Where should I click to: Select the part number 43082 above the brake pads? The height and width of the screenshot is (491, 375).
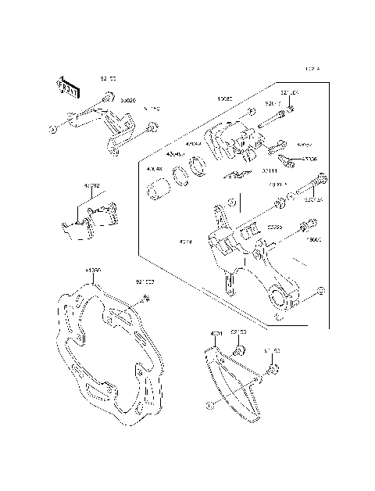tap(92, 187)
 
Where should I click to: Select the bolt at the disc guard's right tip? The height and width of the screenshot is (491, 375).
tap(273, 369)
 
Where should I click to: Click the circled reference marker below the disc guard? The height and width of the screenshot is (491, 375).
tap(209, 406)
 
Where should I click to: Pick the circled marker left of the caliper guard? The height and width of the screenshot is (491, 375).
tap(50, 127)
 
